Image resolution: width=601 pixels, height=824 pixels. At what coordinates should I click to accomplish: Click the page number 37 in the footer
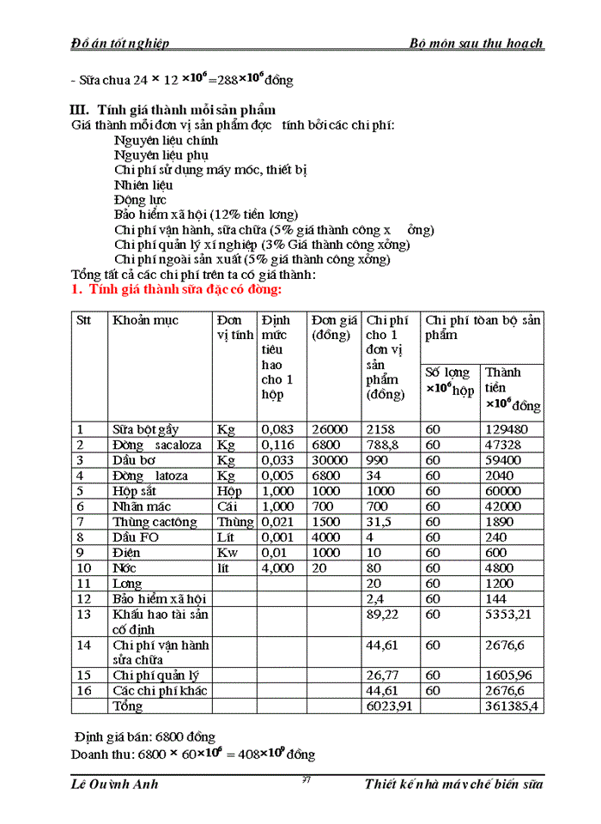[x=307, y=779]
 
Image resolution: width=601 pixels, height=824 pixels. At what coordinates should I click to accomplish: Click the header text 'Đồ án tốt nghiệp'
[x=120, y=43]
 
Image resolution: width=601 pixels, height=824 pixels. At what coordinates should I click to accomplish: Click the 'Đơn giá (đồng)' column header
[x=334, y=327]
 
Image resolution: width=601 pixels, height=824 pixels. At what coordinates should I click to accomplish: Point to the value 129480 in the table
[x=507, y=429]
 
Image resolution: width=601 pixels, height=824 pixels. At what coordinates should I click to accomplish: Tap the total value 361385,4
[x=512, y=706]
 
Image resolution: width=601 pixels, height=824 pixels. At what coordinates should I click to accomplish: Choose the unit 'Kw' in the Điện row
[x=226, y=553]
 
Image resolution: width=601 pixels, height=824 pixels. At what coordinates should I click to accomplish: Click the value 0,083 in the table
[x=276, y=429]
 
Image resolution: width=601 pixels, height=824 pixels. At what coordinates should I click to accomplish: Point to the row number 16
[x=83, y=691]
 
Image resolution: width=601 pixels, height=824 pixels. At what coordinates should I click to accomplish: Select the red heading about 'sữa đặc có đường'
[x=176, y=289]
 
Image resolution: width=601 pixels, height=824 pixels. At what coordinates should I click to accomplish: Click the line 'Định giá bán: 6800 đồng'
[x=144, y=737]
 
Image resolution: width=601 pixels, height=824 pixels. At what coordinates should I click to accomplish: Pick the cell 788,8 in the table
[x=382, y=445]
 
